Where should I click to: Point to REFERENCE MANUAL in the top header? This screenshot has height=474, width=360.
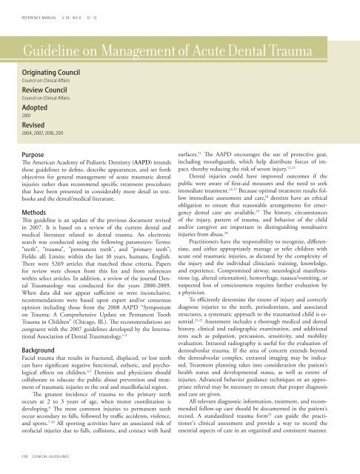click(x=44, y=11)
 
